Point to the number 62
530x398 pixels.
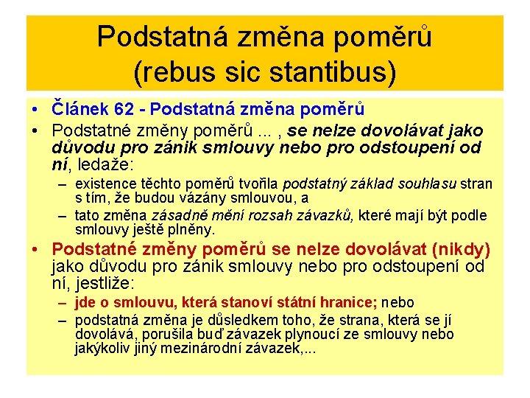point(129,109)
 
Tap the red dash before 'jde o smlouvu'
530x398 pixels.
point(65,303)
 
